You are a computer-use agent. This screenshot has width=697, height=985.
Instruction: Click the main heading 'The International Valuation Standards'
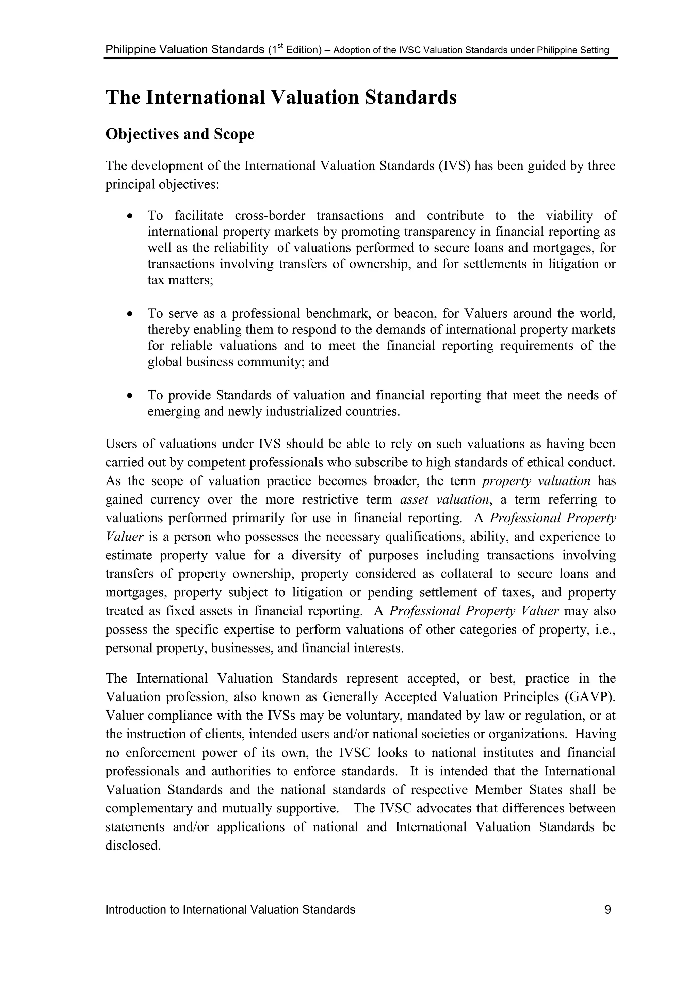(281, 97)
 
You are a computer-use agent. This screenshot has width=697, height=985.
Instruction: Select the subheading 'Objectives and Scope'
(180, 134)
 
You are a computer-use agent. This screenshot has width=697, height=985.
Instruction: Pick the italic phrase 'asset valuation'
(444, 500)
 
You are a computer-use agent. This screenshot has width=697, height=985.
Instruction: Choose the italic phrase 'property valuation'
(536, 481)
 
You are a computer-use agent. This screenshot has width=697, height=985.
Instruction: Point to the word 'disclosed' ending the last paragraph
(133, 846)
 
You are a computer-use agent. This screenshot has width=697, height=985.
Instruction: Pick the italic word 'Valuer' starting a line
(124, 537)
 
